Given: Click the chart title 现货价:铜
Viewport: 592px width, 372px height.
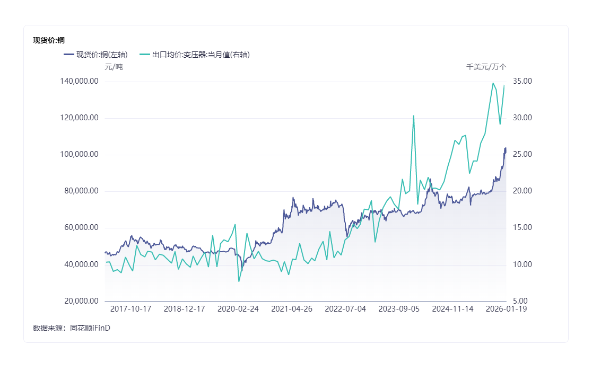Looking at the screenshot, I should click(x=49, y=40).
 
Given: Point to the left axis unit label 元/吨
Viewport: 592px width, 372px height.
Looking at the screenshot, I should click(x=114, y=67).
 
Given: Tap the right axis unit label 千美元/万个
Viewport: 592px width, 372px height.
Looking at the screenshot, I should click(x=486, y=67).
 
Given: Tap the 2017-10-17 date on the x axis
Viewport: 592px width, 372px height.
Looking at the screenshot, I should click(x=130, y=309).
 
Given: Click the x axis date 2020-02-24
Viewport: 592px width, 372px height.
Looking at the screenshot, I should click(x=238, y=309).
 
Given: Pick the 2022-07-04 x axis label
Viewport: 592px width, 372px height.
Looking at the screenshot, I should click(x=345, y=309).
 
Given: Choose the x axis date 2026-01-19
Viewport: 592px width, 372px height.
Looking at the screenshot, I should click(x=507, y=309).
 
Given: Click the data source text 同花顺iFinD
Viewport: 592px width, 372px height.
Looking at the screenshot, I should click(x=90, y=328).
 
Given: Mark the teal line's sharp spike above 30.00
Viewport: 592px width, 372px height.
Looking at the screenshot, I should click(x=413, y=116).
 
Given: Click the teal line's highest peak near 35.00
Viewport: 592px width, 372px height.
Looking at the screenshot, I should click(x=493, y=83).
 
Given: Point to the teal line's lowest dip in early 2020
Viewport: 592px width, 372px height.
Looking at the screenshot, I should click(x=239, y=281).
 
